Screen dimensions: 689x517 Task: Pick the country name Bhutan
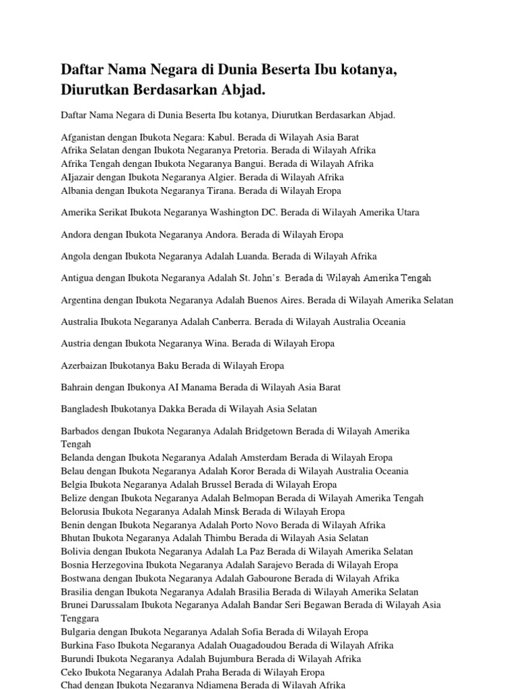coord(75,538)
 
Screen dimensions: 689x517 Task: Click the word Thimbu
coord(205,538)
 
